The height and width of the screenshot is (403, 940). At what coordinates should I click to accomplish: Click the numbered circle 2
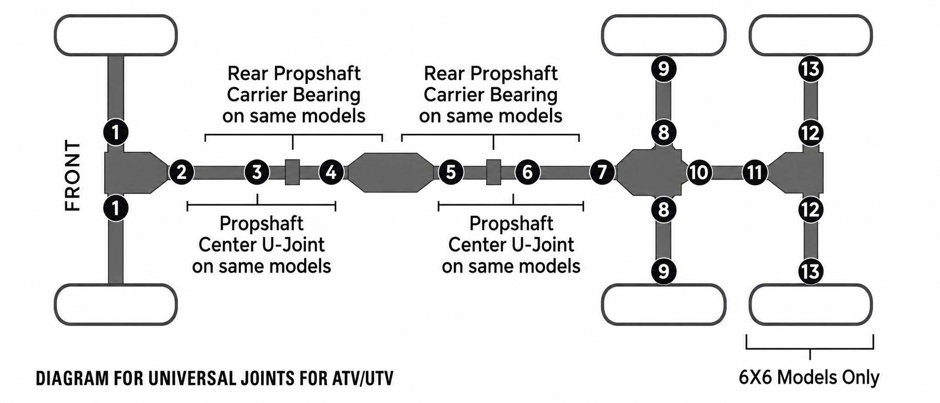coord(182,172)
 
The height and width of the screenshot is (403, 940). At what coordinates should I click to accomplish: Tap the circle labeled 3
coord(257,172)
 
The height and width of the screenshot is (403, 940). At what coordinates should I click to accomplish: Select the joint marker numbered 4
coord(331,172)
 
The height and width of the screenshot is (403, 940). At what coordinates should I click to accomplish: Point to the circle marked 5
coord(450,172)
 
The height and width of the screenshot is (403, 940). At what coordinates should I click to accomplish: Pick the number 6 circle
coord(527,172)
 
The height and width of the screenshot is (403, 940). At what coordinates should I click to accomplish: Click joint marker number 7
coord(602,172)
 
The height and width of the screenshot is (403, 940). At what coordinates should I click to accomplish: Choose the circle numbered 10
coord(699,172)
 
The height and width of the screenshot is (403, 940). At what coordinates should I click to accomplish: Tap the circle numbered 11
coord(754,172)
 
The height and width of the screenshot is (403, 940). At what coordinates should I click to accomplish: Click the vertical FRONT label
coord(73,176)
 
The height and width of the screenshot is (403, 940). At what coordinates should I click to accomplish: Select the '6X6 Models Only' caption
coord(809,377)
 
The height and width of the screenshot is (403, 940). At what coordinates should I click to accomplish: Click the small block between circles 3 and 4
coord(292,172)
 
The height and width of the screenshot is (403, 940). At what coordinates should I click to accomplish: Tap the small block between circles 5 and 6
coord(494,172)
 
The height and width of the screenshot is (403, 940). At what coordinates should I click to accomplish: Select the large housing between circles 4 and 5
coord(391,172)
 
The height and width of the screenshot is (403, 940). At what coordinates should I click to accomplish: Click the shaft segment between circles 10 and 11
coord(726,172)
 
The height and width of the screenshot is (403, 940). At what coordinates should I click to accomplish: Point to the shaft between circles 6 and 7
coord(564,172)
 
